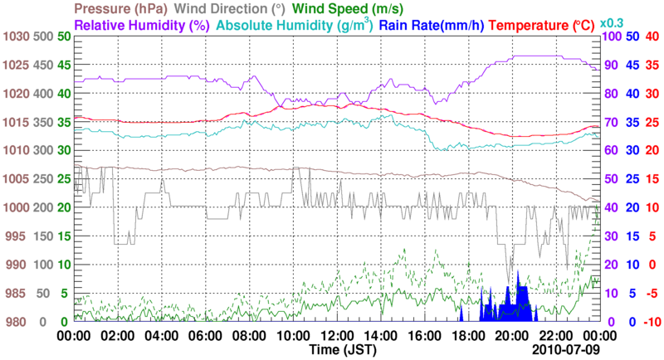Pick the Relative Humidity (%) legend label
(140, 25)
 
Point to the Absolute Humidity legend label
(294, 25)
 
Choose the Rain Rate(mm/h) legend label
(432, 25)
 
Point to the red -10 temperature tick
(651, 322)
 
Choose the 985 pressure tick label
(17, 293)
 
